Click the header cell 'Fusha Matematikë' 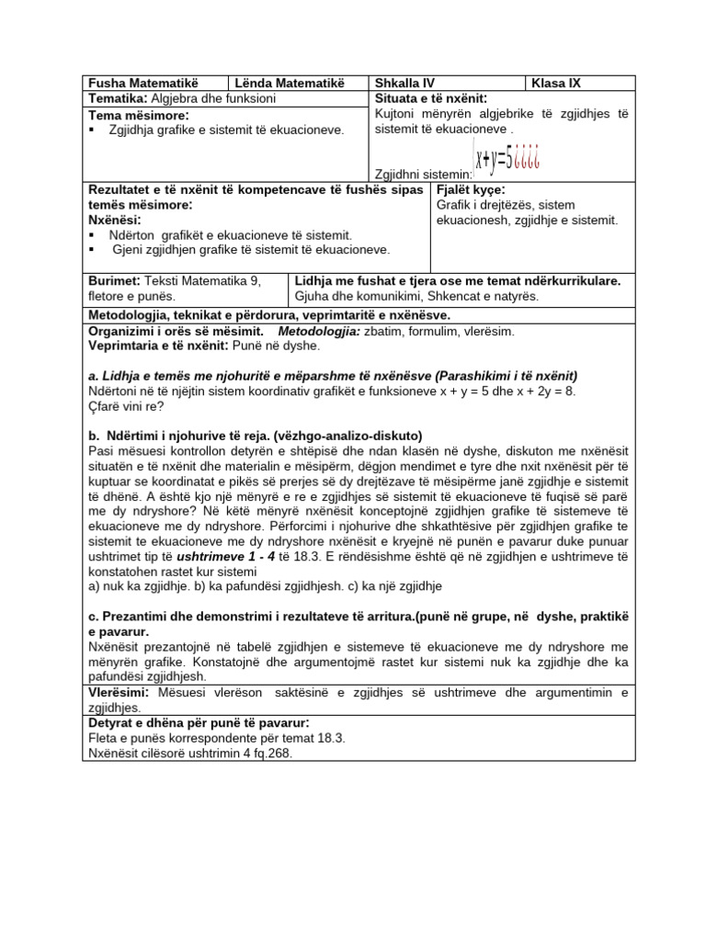142,84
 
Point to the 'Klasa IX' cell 557,84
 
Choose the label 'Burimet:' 114,281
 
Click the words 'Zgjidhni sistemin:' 422,174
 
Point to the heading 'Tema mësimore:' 138,115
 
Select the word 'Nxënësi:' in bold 115,221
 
